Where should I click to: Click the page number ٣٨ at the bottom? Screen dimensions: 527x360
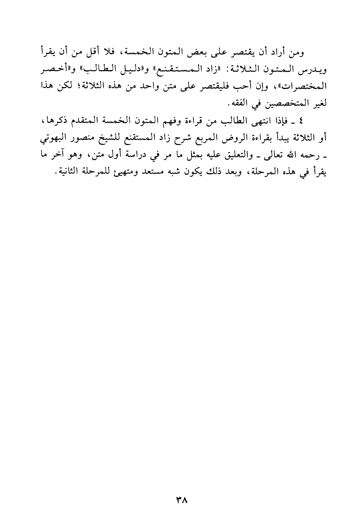[181, 501]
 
